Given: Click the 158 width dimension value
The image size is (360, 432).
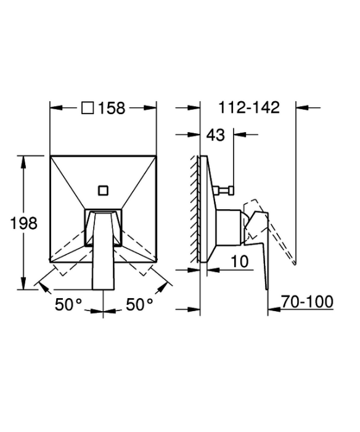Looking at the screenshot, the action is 112,108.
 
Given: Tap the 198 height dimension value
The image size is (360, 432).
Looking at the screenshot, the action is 23,223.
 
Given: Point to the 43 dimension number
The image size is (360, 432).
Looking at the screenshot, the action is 216,135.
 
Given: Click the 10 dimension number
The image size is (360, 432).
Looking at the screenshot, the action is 239,261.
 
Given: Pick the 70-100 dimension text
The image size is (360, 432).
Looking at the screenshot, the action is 307,301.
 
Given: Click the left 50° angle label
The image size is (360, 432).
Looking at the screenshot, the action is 68,304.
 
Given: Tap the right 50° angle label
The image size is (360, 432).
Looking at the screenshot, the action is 139,304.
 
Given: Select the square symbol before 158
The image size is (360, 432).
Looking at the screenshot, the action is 88,108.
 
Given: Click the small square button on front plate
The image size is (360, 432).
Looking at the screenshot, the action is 103,191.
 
